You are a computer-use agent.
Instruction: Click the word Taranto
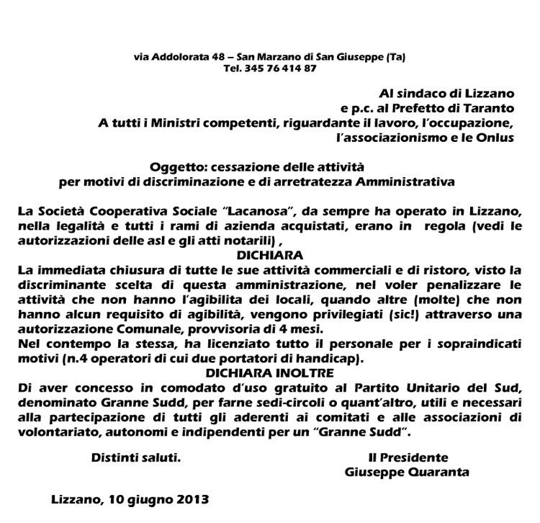pos(491,108)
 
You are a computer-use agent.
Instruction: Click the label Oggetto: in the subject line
pos(183,167)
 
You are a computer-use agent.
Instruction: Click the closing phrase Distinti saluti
pos(135,457)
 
